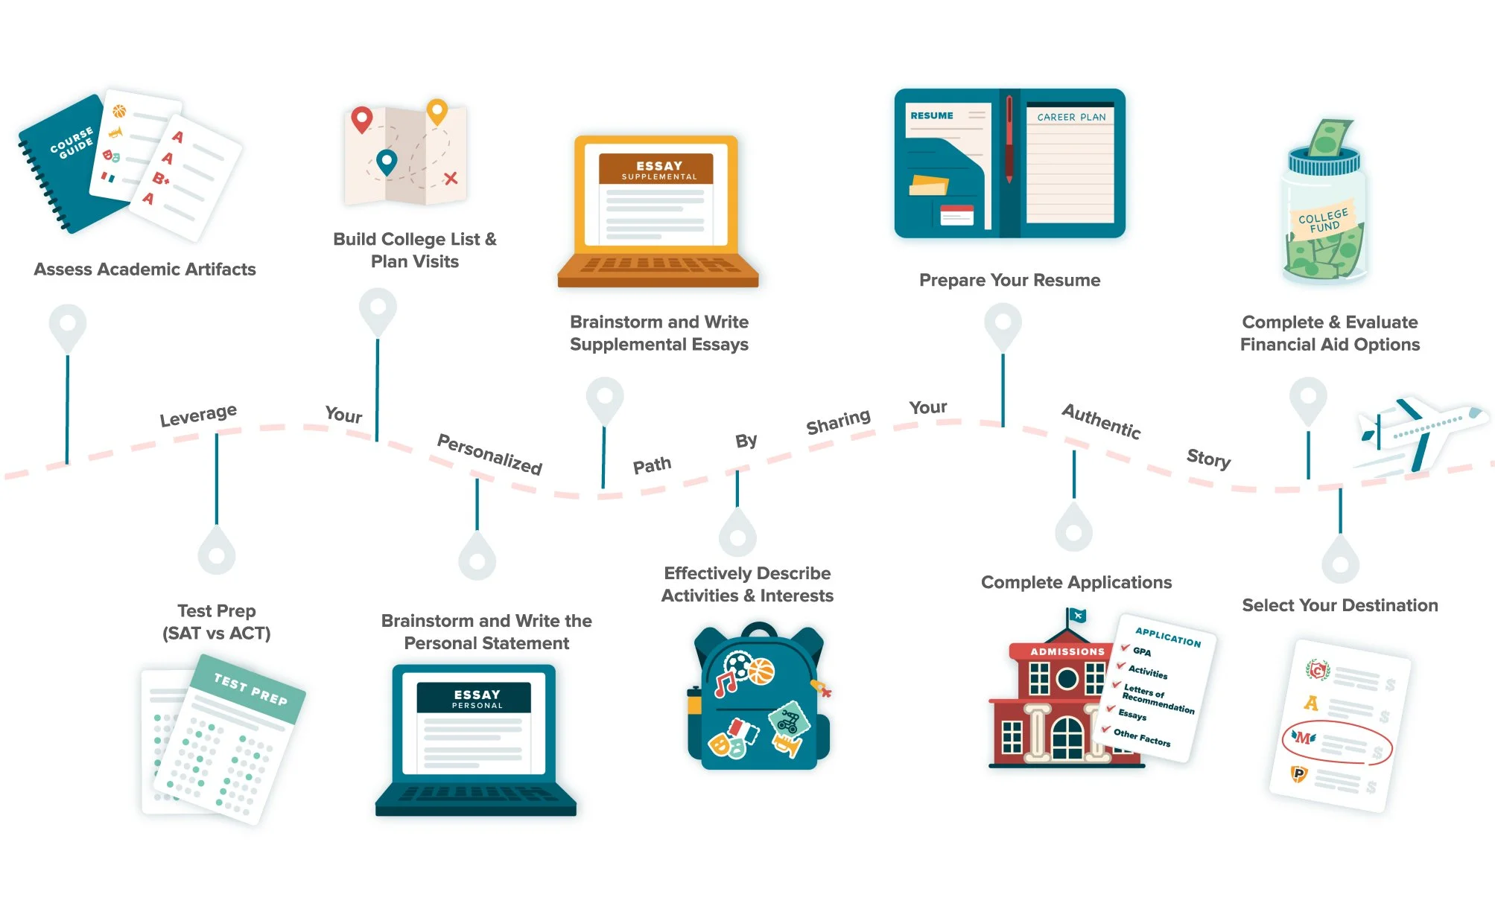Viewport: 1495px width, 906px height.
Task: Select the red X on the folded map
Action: coord(451,178)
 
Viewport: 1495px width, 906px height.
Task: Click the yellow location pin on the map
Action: coord(437,112)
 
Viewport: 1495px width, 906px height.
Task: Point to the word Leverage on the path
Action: coord(198,415)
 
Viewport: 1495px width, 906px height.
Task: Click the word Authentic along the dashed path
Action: coord(1101,421)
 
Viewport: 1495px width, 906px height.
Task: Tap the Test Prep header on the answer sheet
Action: coord(250,689)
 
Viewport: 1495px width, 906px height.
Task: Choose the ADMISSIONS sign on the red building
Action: coord(1067,651)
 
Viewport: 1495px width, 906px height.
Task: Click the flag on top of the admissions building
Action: coord(1077,616)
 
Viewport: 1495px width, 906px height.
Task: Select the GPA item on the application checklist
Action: coord(1141,651)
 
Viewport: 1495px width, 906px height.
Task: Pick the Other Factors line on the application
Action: coord(1141,737)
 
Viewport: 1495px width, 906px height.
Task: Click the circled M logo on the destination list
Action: coord(1304,738)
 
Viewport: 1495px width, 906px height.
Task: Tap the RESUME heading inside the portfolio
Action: coord(931,115)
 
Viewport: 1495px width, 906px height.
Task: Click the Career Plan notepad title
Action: coord(1071,117)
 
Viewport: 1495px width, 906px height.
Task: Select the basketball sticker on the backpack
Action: coord(761,671)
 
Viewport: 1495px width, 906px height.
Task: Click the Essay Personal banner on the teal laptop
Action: coord(477,698)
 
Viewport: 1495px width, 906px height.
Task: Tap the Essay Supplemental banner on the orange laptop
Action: coord(658,169)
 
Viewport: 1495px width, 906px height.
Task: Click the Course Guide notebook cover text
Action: coord(72,141)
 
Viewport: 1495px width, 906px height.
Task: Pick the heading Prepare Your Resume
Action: coord(1009,281)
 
